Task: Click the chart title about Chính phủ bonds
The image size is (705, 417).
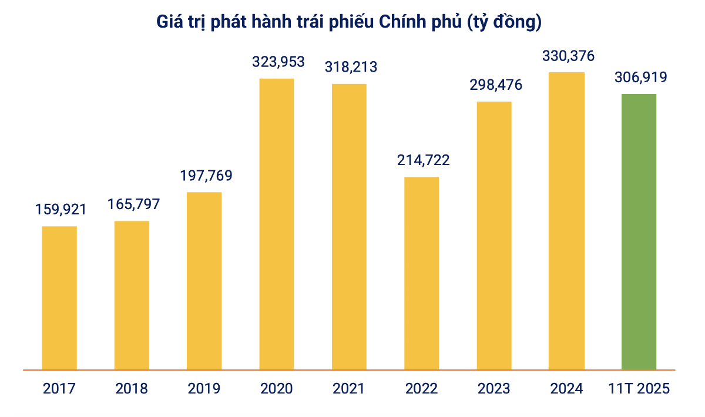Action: click(x=348, y=22)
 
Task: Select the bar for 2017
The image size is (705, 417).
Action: click(x=59, y=298)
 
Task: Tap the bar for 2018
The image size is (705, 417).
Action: click(x=132, y=295)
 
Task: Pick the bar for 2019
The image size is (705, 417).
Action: click(x=204, y=281)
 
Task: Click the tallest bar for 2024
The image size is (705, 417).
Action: click(x=566, y=221)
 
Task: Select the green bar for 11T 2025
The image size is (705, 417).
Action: click(x=639, y=232)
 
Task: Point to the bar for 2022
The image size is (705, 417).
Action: click(x=421, y=273)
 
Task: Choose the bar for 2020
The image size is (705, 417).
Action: click(x=277, y=224)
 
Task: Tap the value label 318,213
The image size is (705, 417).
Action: click(x=351, y=67)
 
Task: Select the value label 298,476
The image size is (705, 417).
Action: click(x=495, y=85)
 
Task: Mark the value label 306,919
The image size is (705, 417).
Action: click(x=640, y=78)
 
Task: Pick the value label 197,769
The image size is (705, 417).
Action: click(x=206, y=176)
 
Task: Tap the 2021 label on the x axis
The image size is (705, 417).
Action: click(x=348, y=389)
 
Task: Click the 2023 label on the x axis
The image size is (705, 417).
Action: click(x=493, y=389)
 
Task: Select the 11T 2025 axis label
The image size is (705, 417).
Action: click(x=639, y=389)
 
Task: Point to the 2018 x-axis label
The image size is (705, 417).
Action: click(x=132, y=389)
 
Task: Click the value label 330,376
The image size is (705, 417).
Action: click(x=568, y=56)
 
